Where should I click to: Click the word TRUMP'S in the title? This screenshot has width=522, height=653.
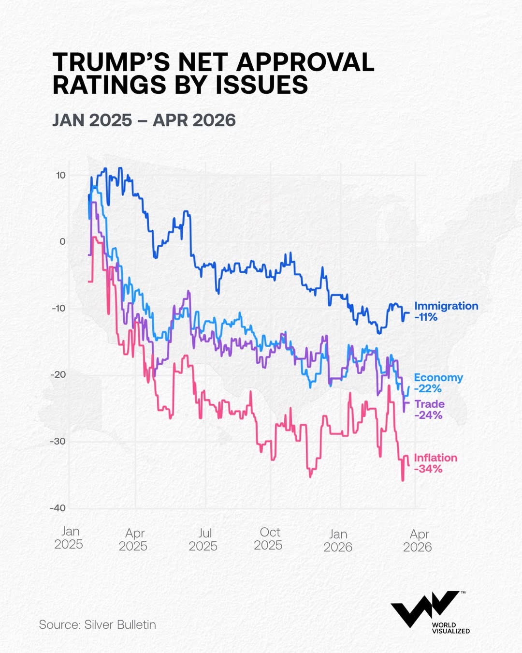(x=111, y=62)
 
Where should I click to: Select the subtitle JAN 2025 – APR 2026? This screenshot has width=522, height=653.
(x=144, y=120)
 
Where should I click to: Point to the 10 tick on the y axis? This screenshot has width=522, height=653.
(x=60, y=176)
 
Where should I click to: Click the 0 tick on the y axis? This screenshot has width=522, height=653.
(x=62, y=242)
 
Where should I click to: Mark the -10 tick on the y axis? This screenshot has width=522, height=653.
(x=58, y=309)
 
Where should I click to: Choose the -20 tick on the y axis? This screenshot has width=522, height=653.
(x=58, y=375)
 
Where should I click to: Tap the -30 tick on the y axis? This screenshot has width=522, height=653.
(x=58, y=442)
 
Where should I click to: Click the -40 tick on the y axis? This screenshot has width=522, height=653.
(x=58, y=508)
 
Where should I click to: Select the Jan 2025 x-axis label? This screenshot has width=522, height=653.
(x=69, y=538)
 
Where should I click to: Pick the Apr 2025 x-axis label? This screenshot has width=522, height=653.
(x=133, y=539)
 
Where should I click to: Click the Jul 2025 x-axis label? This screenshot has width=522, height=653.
(x=203, y=539)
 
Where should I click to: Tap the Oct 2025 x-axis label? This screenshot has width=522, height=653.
(x=269, y=539)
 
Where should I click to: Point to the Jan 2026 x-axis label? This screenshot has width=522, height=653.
(x=338, y=541)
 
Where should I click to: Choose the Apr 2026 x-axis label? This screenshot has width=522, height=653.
(x=418, y=541)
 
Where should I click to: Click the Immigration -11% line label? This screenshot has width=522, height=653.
(x=446, y=312)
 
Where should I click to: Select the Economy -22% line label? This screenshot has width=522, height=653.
(x=438, y=383)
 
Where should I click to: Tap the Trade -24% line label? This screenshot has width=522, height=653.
(x=429, y=410)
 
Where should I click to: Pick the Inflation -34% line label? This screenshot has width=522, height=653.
(x=435, y=463)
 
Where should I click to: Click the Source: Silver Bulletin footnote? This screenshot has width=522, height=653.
(x=98, y=625)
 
